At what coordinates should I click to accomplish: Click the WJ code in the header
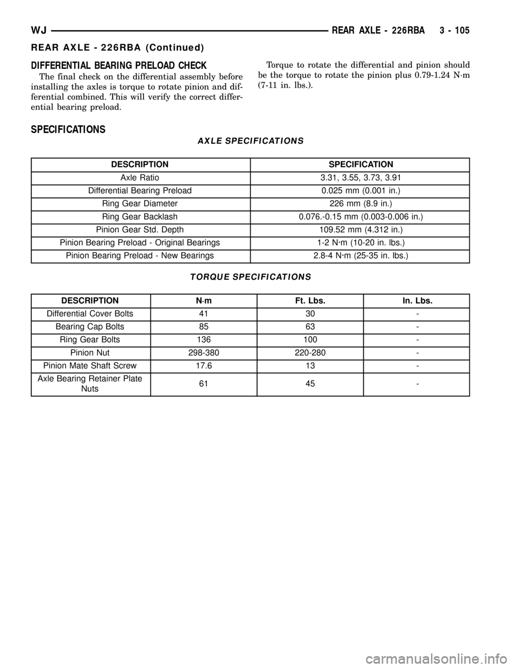click(x=39, y=31)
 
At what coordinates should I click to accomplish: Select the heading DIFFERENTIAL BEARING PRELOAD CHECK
click(x=119, y=66)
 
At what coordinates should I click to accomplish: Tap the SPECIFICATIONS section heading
click(x=68, y=130)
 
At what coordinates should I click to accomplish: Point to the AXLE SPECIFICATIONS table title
click(x=250, y=141)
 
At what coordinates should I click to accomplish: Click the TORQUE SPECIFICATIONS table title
click(x=250, y=276)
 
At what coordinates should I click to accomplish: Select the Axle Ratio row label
click(x=140, y=177)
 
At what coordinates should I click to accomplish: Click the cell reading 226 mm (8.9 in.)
click(x=361, y=203)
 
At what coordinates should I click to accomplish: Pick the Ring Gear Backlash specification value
click(x=361, y=217)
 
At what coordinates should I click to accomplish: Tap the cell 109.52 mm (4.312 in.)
click(x=361, y=230)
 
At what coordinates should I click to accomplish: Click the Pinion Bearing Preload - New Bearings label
click(x=140, y=255)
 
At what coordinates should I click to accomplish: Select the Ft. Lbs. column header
click(x=310, y=301)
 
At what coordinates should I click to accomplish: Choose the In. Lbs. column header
click(x=417, y=301)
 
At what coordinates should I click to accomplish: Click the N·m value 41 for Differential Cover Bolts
click(x=204, y=314)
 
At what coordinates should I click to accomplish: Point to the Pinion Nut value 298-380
click(x=204, y=353)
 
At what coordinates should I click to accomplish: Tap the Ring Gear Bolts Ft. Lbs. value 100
click(x=310, y=340)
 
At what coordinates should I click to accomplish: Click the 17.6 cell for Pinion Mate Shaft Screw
click(x=204, y=366)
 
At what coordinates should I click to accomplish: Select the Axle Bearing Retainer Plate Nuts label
click(x=90, y=383)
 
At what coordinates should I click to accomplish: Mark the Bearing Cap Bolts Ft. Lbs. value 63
click(x=310, y=326)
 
